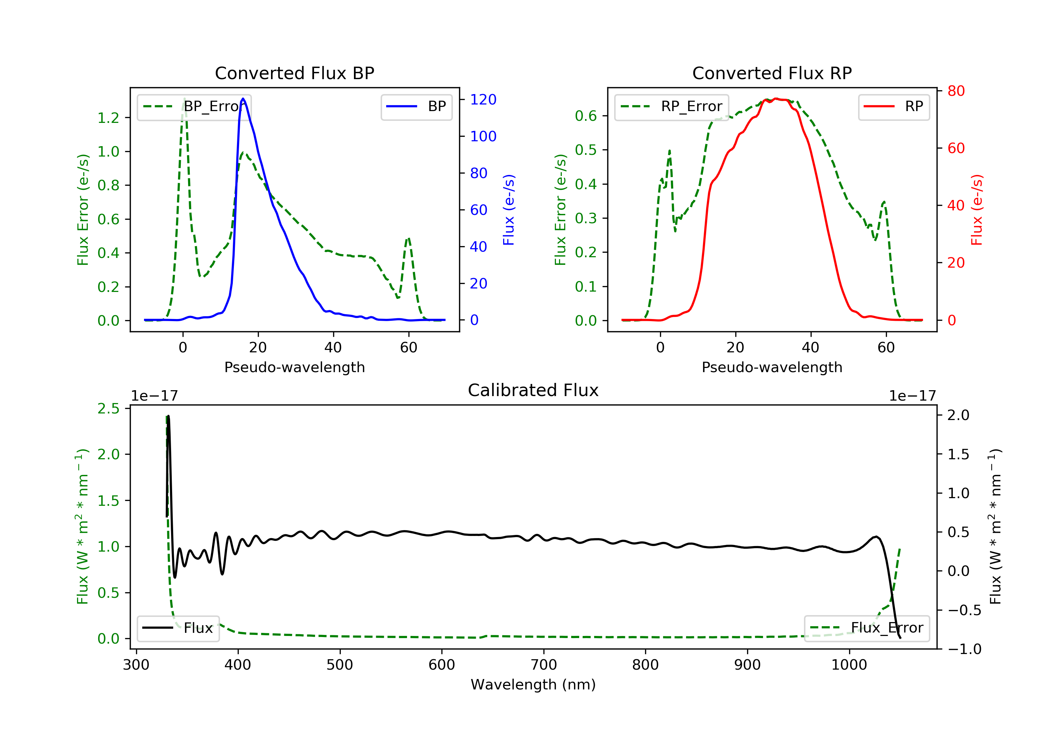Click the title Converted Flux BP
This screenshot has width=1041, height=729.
tap(294, 73)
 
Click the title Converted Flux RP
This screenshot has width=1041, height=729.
tap(772, 73)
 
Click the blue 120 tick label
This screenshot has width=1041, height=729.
tap(483, 99)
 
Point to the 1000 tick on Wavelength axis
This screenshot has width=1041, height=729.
tap(849, 665)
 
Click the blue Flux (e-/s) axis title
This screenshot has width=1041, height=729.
tap(509, 210)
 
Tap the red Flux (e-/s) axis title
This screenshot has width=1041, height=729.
tap(976, 210)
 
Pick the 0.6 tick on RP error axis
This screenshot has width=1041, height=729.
tap(586, 116)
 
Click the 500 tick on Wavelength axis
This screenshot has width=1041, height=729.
tap(340, 665)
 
